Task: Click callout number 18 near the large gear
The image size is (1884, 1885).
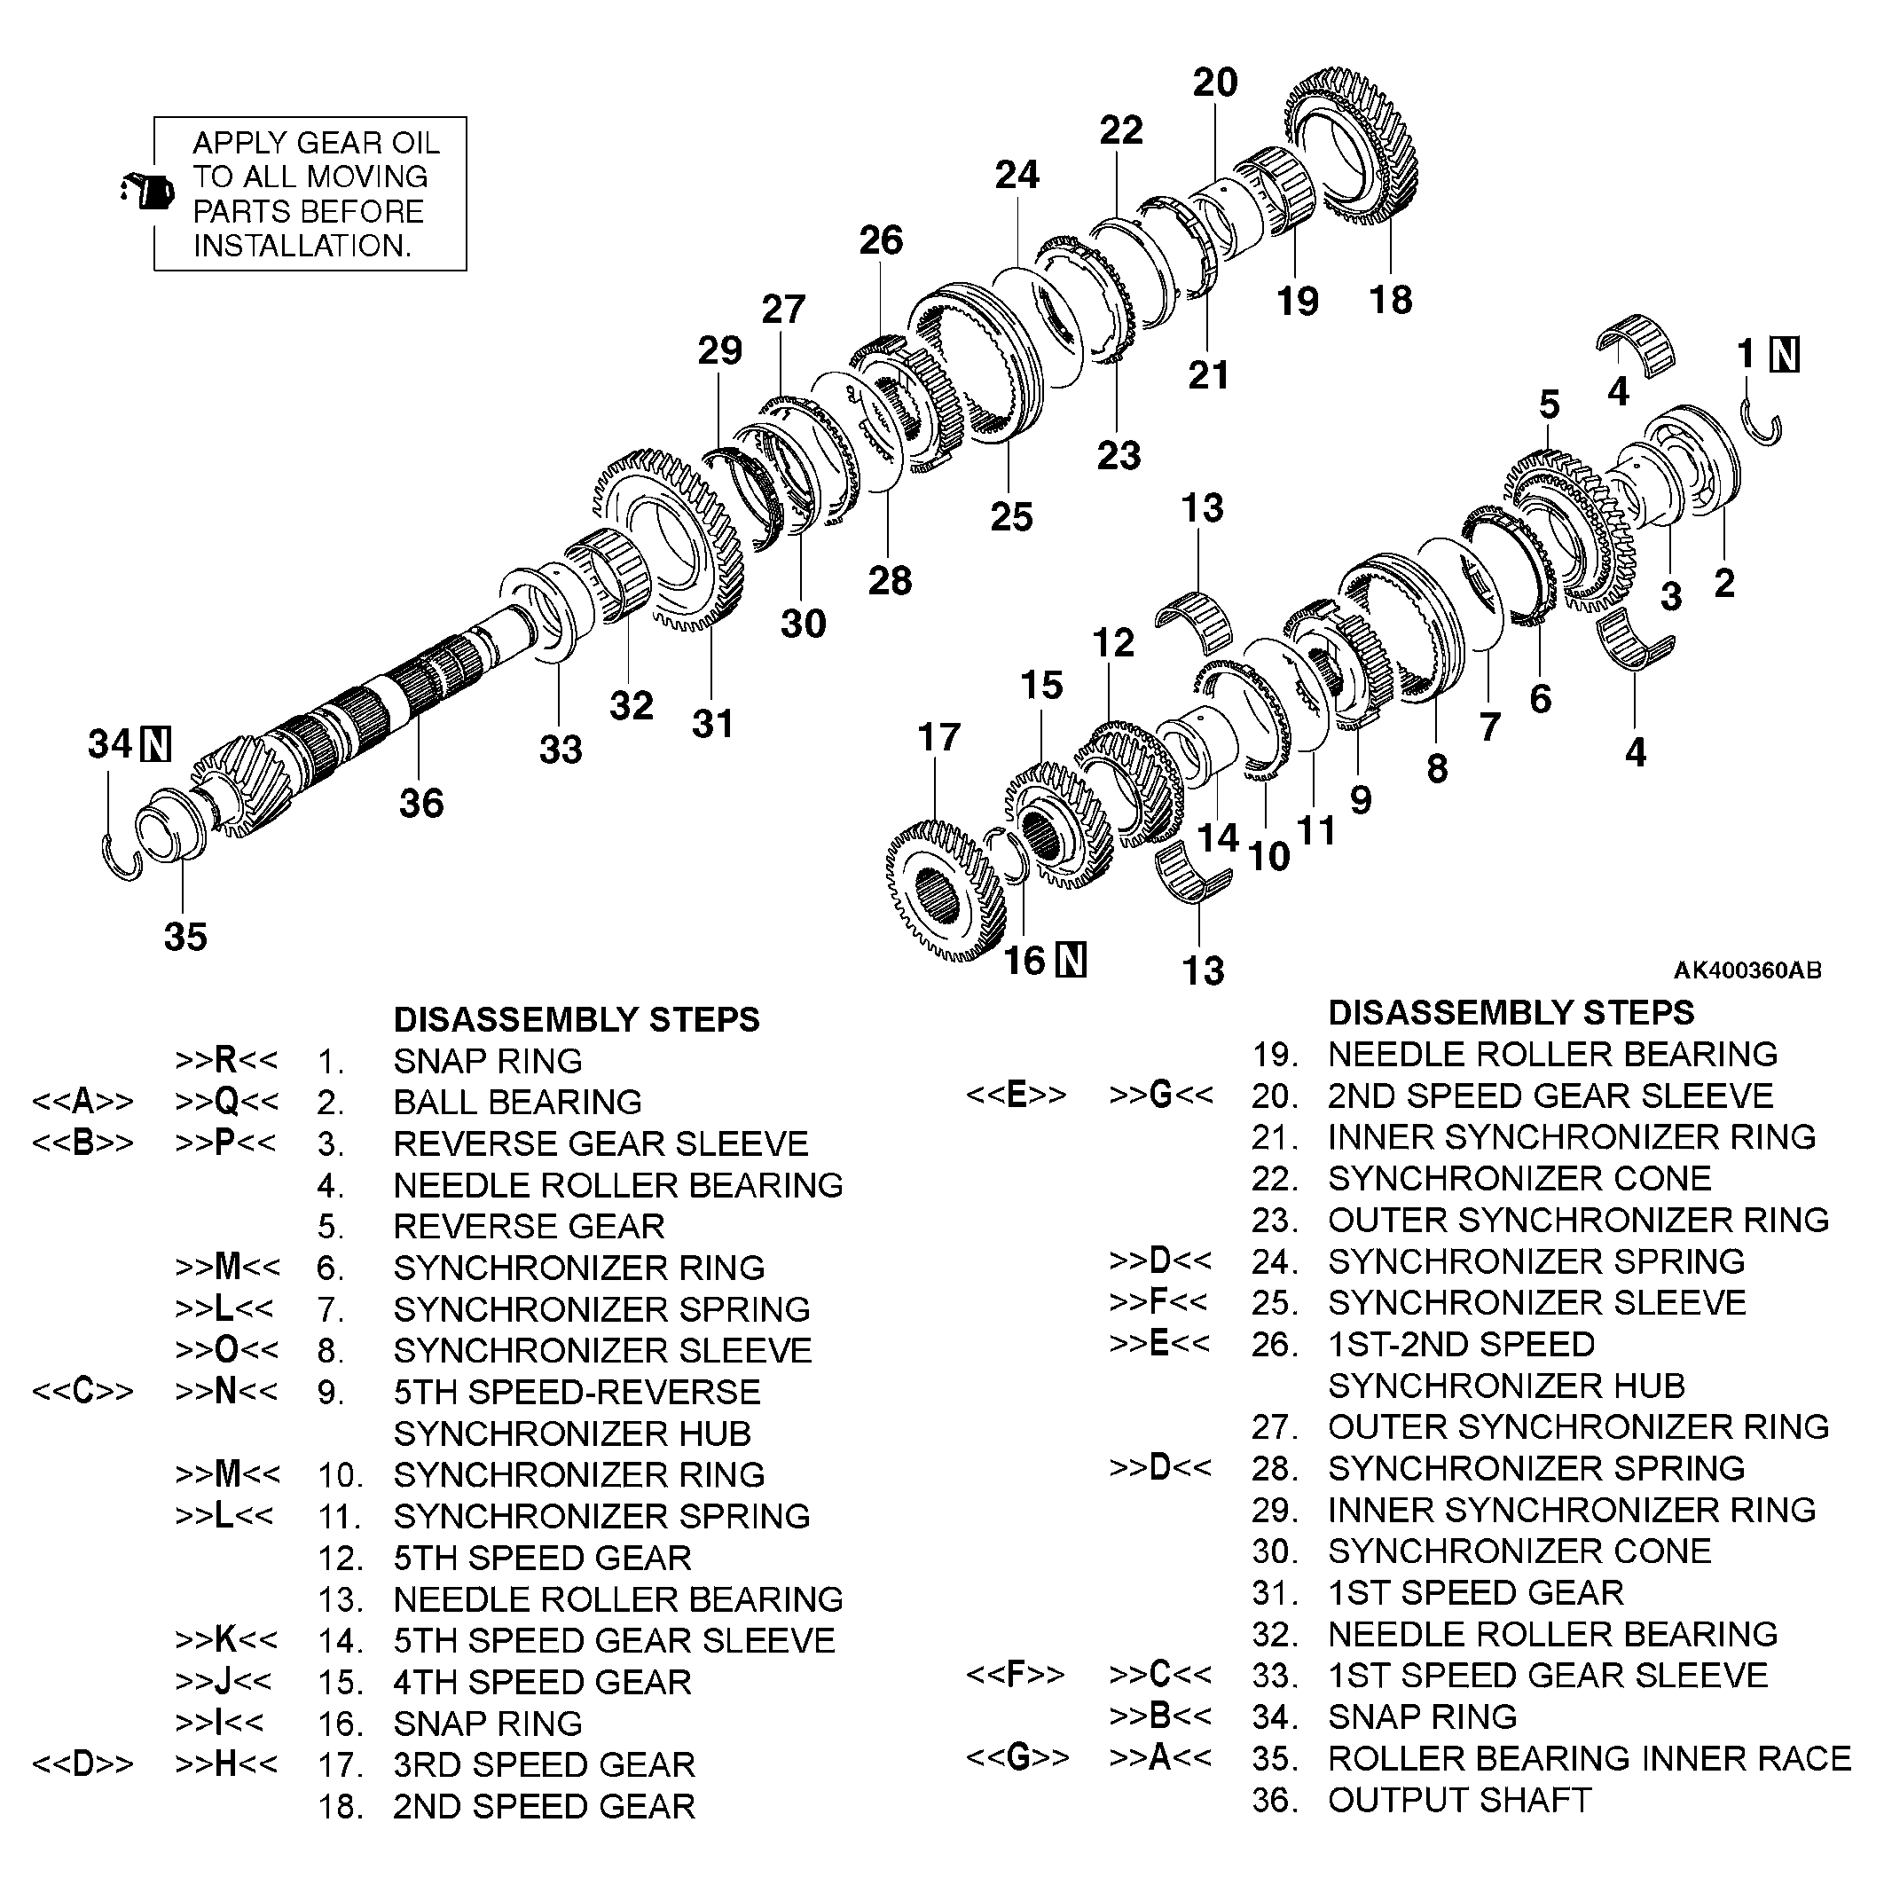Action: click(x=1389, y=300)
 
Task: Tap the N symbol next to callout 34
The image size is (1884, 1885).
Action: click(x=156, y=744)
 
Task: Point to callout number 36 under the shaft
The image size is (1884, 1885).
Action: click(x=420, y=803)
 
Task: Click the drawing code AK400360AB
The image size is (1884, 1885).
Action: click(x=1747, y=970)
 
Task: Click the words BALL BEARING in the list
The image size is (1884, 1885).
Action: click(x=517, y=1102)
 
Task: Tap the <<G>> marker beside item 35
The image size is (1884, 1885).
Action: click(x=1017, y=1757)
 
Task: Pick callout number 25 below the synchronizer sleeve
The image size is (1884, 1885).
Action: click(x=1011, y=517)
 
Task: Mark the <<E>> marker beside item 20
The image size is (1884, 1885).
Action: click(x=1016, y=1095)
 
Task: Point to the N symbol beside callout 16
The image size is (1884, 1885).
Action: click(x=1072, y=960)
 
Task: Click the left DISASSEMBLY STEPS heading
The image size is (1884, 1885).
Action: click(x=576, y=1018)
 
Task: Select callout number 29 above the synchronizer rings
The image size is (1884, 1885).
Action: click(x=719, y=350)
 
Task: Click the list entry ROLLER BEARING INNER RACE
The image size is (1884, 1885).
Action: click(x=1589, y=1757)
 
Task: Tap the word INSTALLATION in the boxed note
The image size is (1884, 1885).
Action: click(x=302, y=245)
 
